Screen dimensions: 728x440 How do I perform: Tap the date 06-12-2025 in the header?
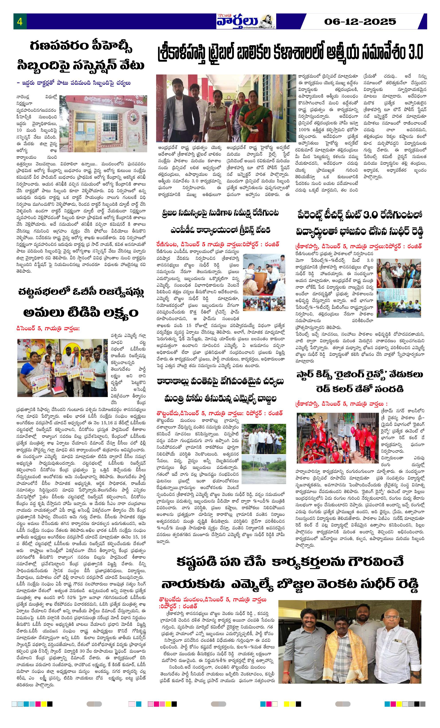[x=360, y=22]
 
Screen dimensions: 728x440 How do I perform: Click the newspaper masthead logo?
[x=246, y=21]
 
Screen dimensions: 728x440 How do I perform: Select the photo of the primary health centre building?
[x=103, y=123]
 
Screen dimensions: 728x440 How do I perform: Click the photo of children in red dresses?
[x=337, y=438]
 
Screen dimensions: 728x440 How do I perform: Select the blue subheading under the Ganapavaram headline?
[x=74, y=83]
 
